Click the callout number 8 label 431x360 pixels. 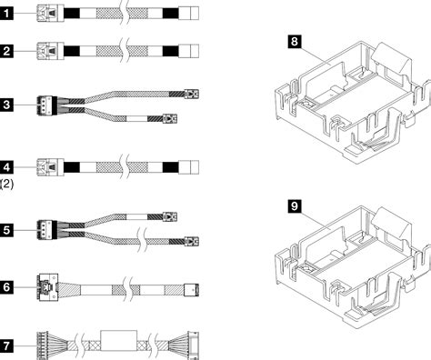(x=294, y=42)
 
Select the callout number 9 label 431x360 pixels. (x=294, y=207)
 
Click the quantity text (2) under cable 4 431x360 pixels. (x=6, y=185)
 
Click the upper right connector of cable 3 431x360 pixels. (x=190, y=93)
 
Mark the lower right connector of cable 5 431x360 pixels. (x=190, y=243)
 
